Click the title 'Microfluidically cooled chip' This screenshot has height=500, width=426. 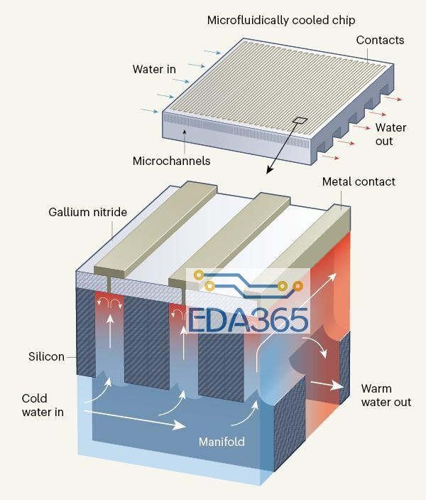281,21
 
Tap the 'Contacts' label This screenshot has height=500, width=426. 380,40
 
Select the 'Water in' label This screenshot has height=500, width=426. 154,69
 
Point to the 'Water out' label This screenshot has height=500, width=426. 390,134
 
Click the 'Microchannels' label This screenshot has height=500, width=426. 171,161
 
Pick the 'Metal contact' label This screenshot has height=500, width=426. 359,182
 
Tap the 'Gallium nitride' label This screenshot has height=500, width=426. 87,212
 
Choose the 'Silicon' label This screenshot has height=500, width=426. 46,356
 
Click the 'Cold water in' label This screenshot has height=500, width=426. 43,405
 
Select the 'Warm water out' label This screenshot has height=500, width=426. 386,395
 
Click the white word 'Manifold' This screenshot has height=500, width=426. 222,442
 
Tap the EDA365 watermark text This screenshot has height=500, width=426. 248,320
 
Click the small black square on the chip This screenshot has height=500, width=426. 300,120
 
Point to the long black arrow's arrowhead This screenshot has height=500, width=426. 269,170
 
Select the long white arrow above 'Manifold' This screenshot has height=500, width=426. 135,419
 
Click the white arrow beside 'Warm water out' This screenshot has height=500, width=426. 327,385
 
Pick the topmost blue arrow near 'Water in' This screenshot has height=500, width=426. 212,51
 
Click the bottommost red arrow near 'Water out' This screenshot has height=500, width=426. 330,157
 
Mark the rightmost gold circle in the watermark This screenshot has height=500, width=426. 297,286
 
